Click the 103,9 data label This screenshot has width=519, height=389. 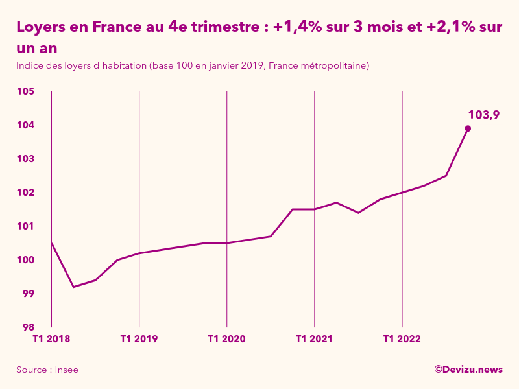483,115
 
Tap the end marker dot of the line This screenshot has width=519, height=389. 468,128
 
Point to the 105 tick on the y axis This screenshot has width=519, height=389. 25,91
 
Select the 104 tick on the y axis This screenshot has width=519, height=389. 25,125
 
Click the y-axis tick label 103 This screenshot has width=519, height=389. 25,159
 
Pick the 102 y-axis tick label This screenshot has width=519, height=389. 25,193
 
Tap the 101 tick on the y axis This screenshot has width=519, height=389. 25,226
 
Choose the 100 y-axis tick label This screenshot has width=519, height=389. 25,260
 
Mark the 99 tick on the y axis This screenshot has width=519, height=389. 28,294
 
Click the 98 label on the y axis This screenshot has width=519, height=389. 28,327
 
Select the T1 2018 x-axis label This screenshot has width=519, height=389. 51,339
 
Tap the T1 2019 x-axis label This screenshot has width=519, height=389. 139,339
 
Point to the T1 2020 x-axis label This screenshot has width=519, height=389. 226,339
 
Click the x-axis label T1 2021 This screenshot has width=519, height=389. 314,339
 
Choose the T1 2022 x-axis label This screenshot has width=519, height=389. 402,339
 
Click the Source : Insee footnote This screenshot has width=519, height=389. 47,370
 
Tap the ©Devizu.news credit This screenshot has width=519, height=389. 468,369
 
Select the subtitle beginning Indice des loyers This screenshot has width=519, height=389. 193,66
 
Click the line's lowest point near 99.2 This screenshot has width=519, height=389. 73,287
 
